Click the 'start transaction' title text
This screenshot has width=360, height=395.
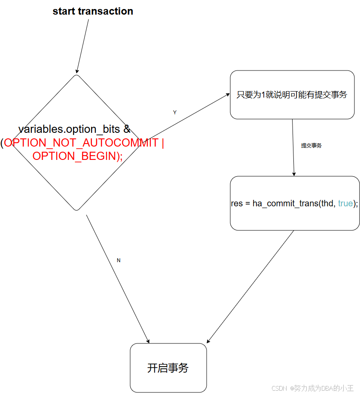(x=93, y=12)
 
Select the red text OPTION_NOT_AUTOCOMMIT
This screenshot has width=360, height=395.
(x=82, y=143)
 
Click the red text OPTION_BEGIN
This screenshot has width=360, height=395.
(x=74, y=156)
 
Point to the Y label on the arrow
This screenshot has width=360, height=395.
(x=175, y=113)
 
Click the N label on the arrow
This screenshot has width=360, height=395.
(x=119, y=260)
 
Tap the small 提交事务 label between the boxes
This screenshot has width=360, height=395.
(x=311, y=146)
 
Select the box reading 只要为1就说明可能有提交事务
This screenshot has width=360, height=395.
(x=292, y=95)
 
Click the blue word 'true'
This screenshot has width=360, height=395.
(x=345, y=203)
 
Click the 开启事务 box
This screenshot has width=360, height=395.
(x=168, y=368)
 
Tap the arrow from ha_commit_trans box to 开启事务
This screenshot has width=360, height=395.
(x=250, y=287)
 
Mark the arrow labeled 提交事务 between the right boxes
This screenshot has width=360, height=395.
(x=293, y=147)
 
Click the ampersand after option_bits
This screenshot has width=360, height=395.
(x=127, y=129)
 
